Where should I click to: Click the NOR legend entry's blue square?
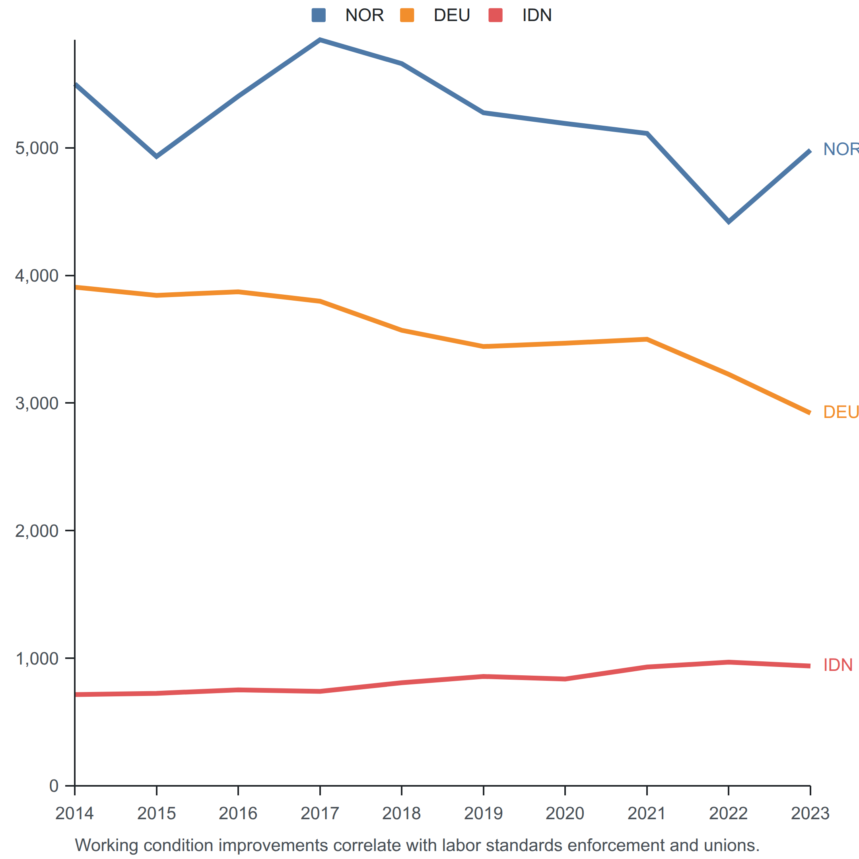point(318,15)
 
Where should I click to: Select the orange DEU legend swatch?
point(407,15)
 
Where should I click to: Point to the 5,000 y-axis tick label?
point(37,148)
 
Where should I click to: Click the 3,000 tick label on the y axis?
point(37,403)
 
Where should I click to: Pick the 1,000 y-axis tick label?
point(37,659)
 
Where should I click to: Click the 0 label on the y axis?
point(54,786)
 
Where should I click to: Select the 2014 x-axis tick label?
point(75,814)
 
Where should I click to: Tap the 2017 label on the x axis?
point(320,814)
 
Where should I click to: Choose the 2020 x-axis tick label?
point(565,814)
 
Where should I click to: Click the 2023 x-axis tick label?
point(810,814)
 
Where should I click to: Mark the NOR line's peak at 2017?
point(320,40)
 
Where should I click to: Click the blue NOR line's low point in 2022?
point(728,222)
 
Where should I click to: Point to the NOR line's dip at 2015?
point(157,156)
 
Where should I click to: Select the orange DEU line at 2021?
point(647,339)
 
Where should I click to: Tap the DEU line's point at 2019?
point(483,346)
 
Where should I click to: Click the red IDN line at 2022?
point(728,663)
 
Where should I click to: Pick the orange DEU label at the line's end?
point(841,412)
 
